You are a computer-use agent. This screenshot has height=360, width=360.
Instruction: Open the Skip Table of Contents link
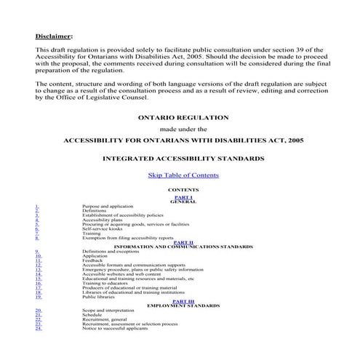click(183, 175)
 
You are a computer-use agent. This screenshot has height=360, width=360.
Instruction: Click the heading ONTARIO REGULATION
click(183, 117)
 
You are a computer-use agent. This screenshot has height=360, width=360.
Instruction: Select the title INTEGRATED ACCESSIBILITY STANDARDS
click(183, 158)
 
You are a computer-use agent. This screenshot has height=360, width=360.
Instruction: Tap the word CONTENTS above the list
click(183, 189)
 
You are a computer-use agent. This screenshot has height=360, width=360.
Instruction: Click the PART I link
click(183, 197)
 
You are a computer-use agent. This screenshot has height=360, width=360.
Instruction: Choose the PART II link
click(183, 242)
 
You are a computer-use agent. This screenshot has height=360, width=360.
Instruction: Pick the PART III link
click(183, 301)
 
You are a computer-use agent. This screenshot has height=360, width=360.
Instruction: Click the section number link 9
click(36, 251)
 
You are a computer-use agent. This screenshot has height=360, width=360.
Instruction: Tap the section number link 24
click(38, 328)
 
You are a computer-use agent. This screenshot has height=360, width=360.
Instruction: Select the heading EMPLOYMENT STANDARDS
click(183, 305)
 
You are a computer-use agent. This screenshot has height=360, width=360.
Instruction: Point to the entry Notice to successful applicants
click(116, 328)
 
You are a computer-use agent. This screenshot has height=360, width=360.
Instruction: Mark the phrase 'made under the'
click(183, 128)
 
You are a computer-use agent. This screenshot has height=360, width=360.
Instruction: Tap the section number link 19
click(38, 297)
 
